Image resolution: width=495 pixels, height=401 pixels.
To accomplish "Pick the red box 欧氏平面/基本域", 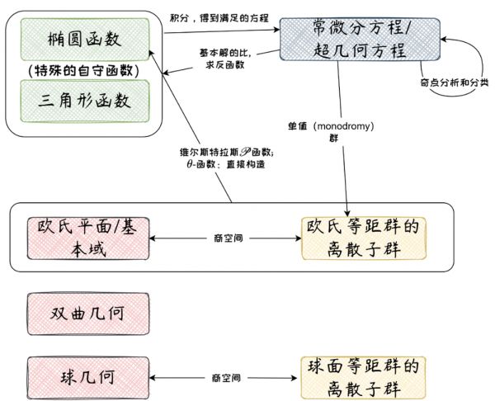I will (x=87, y=237).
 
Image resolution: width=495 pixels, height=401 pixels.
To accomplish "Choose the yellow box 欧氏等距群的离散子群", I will (x=364, y=238).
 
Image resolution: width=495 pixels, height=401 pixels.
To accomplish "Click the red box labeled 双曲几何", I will (x=87, y=314).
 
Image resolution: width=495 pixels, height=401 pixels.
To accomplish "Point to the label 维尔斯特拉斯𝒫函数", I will (x=226, y=153).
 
